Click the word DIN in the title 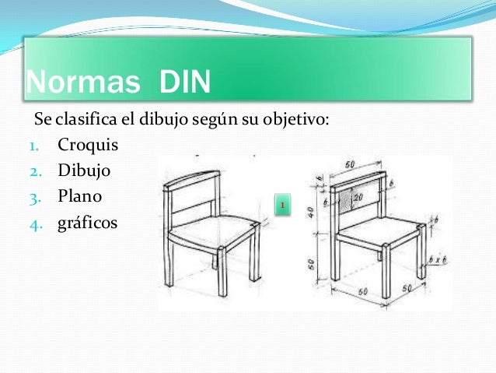185,82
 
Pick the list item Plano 80,195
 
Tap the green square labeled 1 284,206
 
